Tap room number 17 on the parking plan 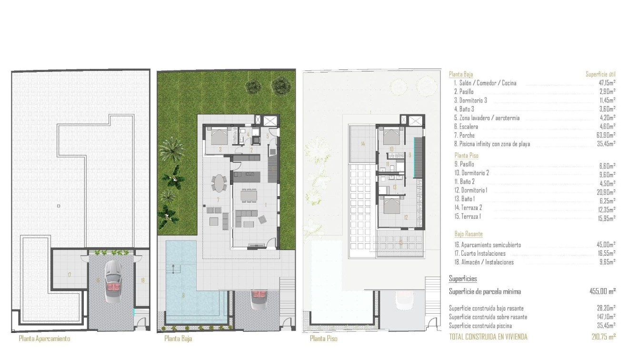click(x=70, y=275)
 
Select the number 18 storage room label click(x=142, y=280)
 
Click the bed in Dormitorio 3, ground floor click(x=219, y=137)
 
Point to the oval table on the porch click(x=219, y=183)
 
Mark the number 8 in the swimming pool click(x=183, y=295)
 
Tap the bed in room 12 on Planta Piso click(x=391, y=206)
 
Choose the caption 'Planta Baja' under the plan click(x=178, y=339)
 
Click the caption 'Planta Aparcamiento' click(x=44, y=339)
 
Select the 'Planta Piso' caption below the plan click(x=324, y=339)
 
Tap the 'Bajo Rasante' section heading click(x=469, y=234)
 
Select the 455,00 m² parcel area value click(x=602, y=291)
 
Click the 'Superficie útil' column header click(x=600, y=74)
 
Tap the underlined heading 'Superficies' click(x=463, y=279)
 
